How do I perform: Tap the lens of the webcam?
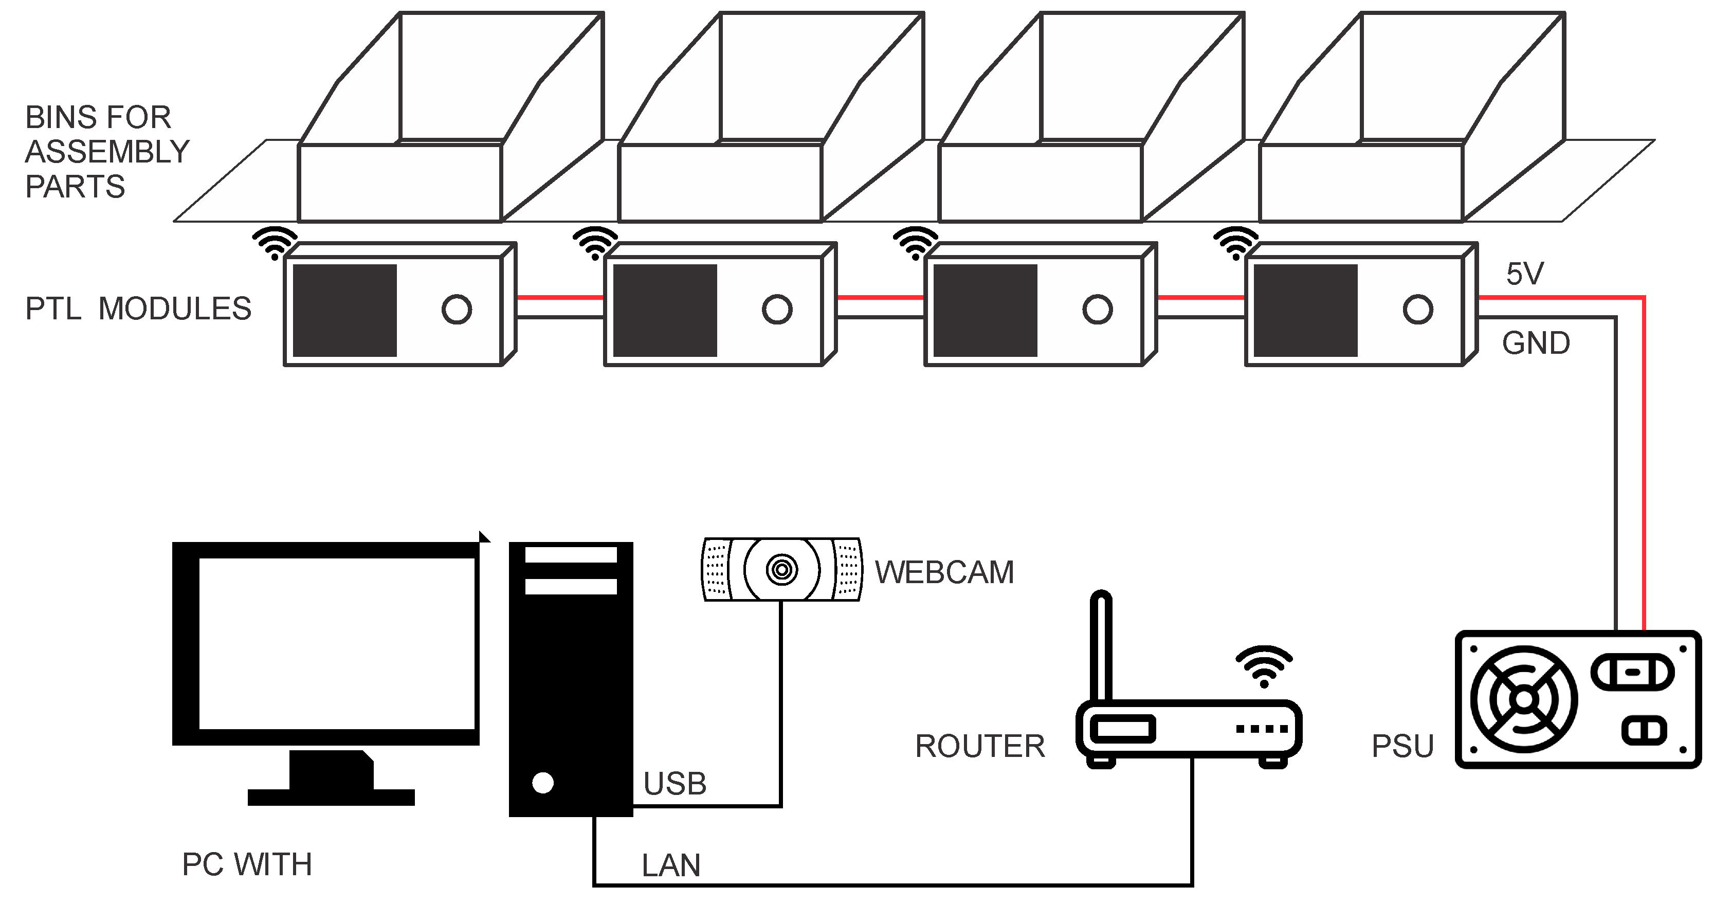pos(781,569)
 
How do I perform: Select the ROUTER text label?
pos(979,746)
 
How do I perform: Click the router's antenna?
pos(1102,645)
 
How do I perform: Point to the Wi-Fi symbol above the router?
pos(1264,666)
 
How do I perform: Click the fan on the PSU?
pos(1523,700)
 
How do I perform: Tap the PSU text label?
pos(1402,746)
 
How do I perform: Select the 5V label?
pos(1525,274)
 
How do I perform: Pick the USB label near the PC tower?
pos(675,784)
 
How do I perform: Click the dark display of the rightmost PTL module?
pos(1305,311)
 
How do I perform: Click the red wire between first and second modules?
pos(559,297)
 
